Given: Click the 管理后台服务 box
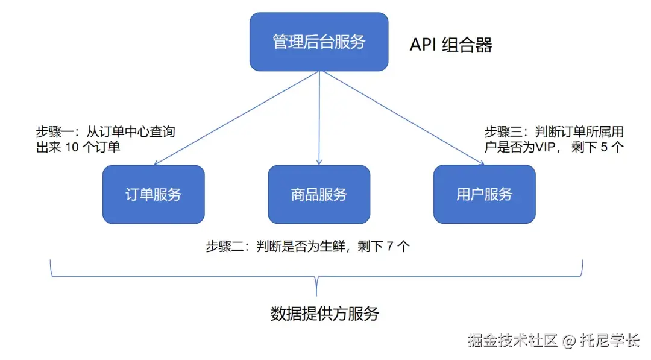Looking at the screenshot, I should [319, 42].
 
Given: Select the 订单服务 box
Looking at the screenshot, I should [153, 194].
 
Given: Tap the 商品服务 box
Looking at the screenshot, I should [319, 194].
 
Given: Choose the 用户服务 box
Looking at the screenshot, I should [484, 194].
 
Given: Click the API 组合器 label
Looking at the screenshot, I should [451, 45].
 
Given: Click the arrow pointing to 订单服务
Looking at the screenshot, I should [235, 118].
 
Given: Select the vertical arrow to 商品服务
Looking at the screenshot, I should [319, 121].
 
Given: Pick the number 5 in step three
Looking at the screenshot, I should [605, 147].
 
